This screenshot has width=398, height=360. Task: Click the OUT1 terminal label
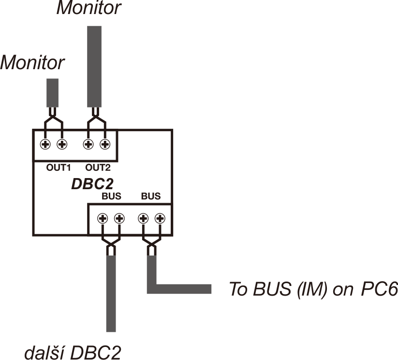click(58, 168)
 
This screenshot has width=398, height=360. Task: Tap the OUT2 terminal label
click(98, 168)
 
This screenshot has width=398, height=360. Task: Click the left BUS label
click(111, 197)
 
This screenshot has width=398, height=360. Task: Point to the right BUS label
click(150, 197)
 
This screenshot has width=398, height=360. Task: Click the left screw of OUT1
click(46, 144)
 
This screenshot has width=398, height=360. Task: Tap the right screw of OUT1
click(62, 144)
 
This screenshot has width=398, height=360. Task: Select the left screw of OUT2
click(88, 144)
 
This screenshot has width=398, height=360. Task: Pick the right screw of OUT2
click(105, 144)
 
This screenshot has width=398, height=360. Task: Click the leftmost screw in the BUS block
click(102, 218)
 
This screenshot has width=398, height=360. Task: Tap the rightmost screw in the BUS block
click(160, 218)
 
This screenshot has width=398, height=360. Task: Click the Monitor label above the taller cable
click(89, 8)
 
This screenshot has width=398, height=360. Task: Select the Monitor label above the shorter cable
click(32, 62)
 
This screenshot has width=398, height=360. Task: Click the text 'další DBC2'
click(72, 352)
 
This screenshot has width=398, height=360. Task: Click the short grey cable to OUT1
click(53, 93)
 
